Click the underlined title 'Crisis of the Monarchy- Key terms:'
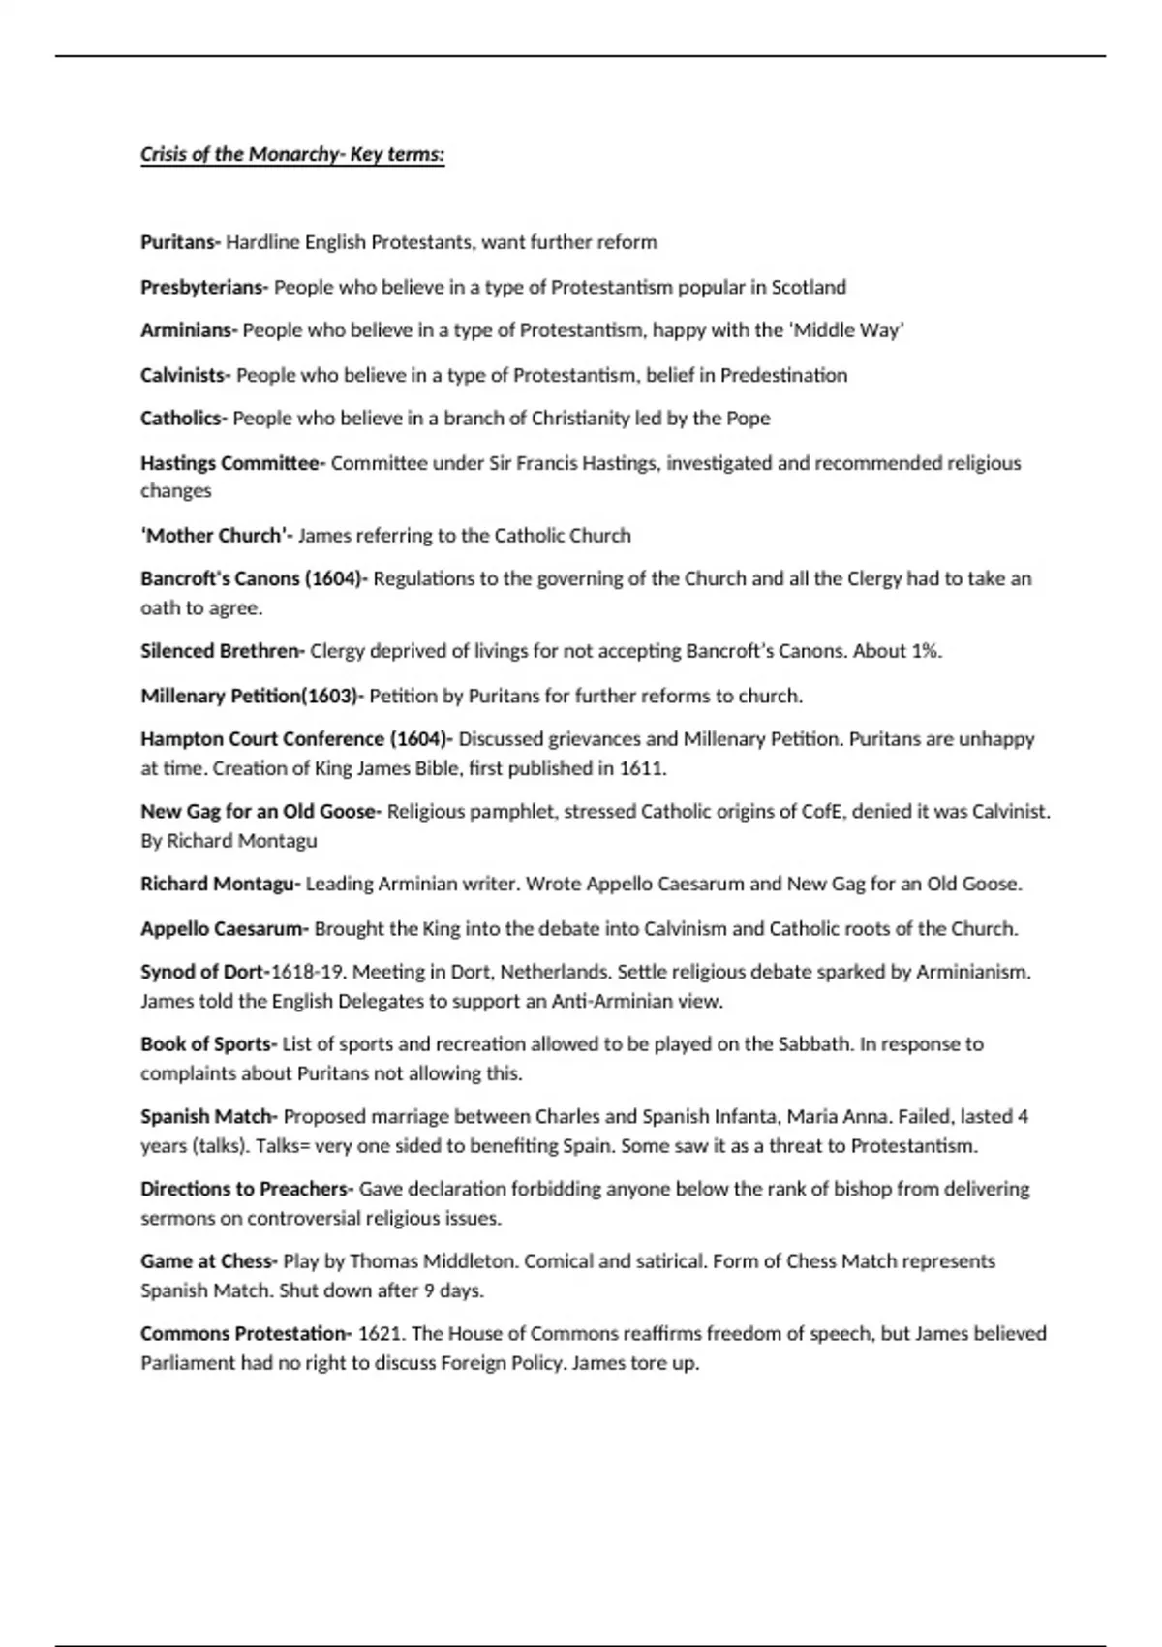coord(292,155)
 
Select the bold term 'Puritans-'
coord(181,242)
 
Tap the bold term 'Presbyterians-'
coord(204,287)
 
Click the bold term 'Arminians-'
coord(189,330)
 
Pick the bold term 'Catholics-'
coord(184,419)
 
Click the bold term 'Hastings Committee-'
coord(233,463)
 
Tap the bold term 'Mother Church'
coord(216,536)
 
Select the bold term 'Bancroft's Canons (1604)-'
coord(254,579)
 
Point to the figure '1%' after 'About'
coord(925,651)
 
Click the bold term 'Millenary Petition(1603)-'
coord(253,696)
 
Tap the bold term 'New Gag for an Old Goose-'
coord(261,812)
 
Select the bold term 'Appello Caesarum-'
coord(225,928)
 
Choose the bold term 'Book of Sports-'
coord(209,1044)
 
